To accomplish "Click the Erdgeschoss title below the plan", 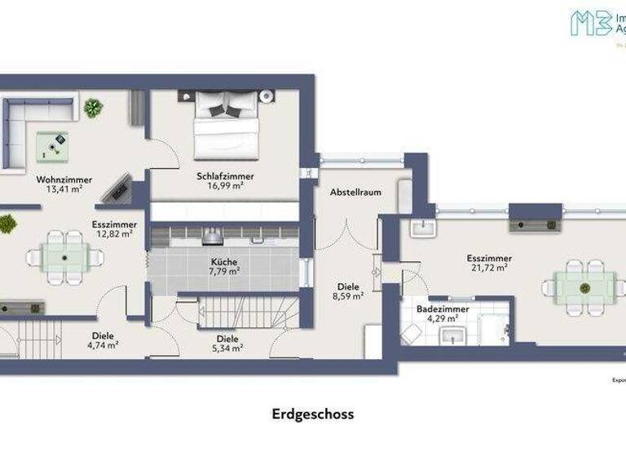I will [313, 414].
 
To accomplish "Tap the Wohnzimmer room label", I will [64, 180].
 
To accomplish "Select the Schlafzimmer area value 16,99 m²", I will [225, 186].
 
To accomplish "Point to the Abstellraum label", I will [356, 193].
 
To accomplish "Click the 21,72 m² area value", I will [488, 267].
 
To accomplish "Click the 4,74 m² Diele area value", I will [102, 345].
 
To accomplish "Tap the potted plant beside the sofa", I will [93, 108].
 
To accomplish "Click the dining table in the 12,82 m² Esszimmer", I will [64, 256].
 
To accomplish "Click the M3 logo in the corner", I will [592, 22].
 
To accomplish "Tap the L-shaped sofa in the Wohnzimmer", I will [24, 122].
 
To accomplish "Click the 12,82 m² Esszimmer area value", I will [114, 233].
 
